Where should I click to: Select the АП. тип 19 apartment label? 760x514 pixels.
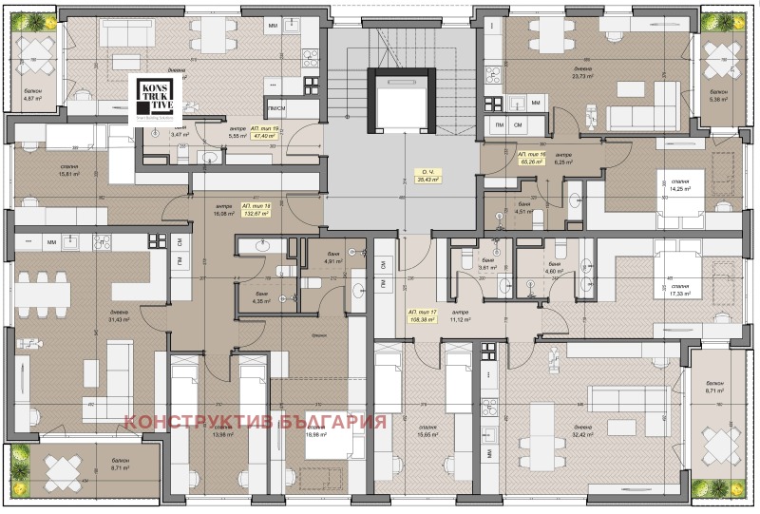tap(261, 132)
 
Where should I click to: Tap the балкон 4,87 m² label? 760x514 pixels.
tap(35, 96)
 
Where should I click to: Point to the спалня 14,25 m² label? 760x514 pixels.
tap(677, 184)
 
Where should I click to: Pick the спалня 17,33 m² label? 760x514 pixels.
tap(677, 291)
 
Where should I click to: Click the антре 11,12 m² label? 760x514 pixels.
tap(460, 317)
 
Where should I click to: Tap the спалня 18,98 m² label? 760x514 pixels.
tap(315, 432)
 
